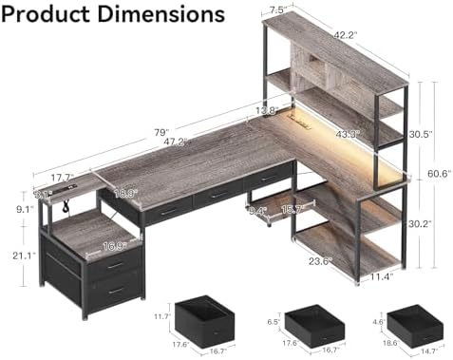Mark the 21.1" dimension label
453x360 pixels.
(x=22, y=255)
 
